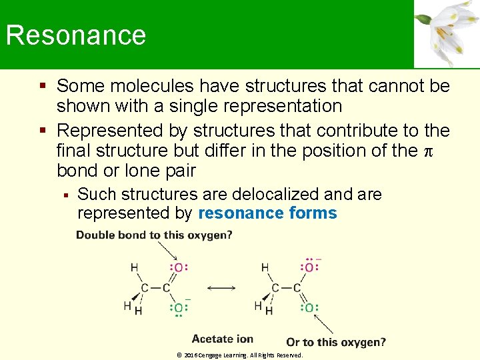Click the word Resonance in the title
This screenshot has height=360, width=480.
(x=76, y=35)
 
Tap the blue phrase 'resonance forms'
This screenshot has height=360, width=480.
(x=268, y=213)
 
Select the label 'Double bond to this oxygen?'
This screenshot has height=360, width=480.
(x=154, y=235)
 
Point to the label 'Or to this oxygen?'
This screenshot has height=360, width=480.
(x=336, y=342)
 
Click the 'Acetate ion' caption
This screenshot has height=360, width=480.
(x=223, y=339)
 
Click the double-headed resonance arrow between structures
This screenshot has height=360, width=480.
(x=221, y=288)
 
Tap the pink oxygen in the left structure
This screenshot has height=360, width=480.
(x=179, y=268)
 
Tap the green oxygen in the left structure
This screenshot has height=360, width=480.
(x=179, y=308)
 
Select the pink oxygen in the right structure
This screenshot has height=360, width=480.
(x=309, y=268)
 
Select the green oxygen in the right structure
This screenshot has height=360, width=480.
(x=309, y=308)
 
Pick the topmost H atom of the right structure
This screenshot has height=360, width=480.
(x=265, y=268)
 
